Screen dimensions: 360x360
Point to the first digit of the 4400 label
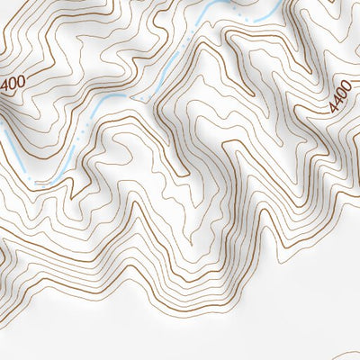(334, 110)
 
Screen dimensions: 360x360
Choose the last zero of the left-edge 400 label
(21, 81)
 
